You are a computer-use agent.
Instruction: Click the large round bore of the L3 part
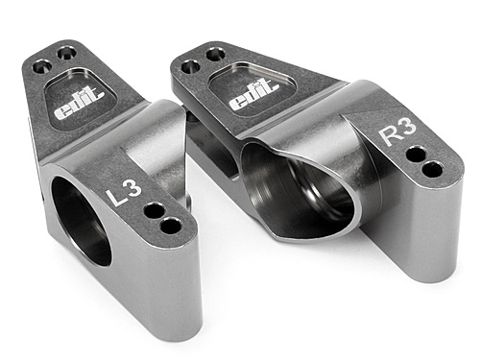pos(81,220)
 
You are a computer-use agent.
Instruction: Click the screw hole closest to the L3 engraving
pos(154,209)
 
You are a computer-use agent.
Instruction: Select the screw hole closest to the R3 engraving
pos(415,154)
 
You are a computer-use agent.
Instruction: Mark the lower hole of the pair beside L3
pos(171,226)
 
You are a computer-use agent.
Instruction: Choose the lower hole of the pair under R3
pos(432,170)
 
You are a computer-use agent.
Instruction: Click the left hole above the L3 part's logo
pos(41,67)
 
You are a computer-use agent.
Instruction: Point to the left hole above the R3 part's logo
pos(190,67)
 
